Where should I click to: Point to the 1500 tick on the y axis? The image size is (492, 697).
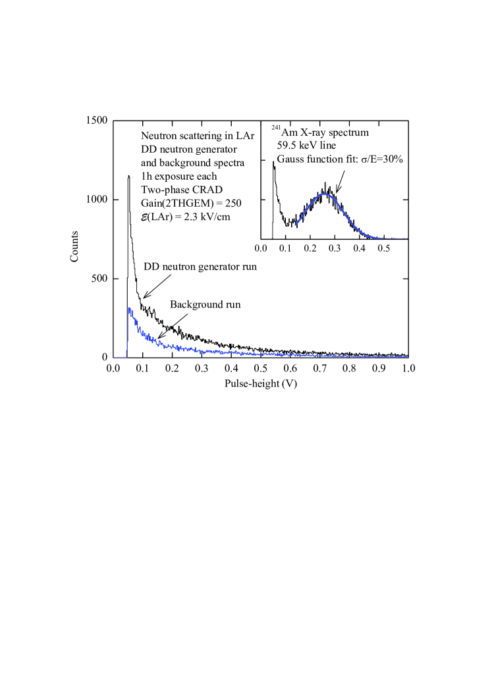click(98, 121)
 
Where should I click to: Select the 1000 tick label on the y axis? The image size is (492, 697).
click(98, 200)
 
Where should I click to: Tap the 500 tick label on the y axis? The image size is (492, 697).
click(101, 278)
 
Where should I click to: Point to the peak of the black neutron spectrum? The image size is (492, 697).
click(128, 176)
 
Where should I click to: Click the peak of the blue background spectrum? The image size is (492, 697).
click(129, 308)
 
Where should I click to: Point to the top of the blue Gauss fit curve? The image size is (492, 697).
click(325, 193)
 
